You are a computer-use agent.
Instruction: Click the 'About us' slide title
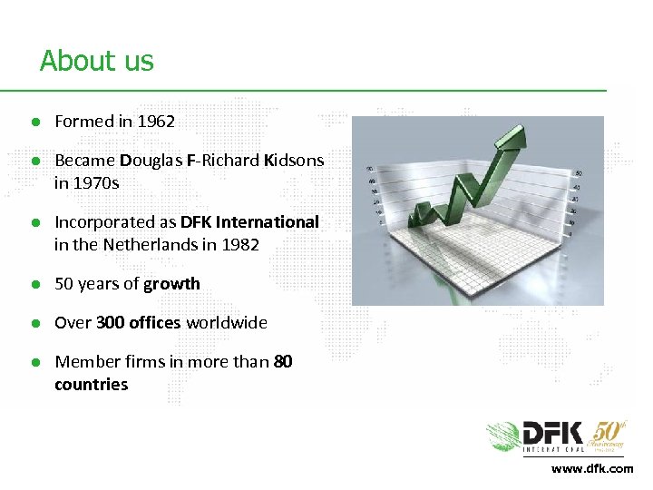tap(97, 61)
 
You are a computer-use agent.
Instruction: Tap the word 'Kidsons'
tap(293, 161)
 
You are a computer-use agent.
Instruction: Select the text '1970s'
tap(98, 182)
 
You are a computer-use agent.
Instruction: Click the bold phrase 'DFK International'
tap(249, 221)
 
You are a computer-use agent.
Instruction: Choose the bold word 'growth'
tap(171, 283)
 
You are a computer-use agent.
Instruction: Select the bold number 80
tap(283, 361)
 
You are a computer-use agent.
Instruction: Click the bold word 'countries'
tap(91, 384)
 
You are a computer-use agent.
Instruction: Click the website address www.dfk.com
tap(591, 468)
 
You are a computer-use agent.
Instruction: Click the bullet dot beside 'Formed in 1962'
tap(34, 122)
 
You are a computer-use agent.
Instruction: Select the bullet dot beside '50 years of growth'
tap(34, 284)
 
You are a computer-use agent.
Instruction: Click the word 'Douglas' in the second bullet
tap(150, 161)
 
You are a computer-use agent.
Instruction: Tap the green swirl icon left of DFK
tap(503, 436)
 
